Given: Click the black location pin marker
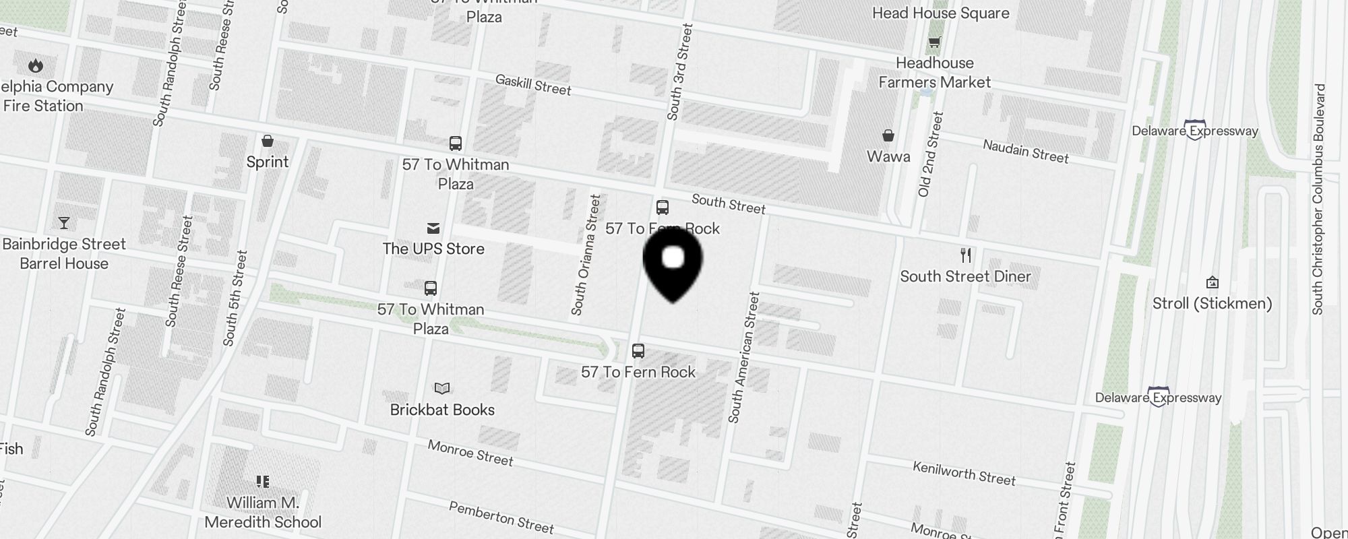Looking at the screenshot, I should point(673,263).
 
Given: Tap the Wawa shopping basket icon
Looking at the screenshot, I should point(888,136).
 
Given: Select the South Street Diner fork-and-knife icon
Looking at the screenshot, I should point(966,255).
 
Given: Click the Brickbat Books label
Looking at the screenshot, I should point(442,410).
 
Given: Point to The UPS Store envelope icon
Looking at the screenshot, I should point(433,229).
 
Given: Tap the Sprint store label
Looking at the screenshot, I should point(268,162).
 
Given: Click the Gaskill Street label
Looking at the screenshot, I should point(533,85).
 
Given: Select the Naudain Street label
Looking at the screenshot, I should point(1025,152).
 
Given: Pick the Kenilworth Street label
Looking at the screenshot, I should point(964,474).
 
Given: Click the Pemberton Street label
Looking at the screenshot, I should point(501,517).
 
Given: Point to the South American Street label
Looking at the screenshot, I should point(744,357).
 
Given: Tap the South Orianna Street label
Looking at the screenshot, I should point(586,255).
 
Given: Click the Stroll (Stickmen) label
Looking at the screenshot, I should point(1212,303).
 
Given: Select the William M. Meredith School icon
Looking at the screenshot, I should point(263,481).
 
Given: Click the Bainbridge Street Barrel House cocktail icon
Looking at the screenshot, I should point(64,223).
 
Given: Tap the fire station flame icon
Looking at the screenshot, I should point(36,65).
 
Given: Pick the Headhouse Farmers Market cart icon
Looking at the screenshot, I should point(934,43).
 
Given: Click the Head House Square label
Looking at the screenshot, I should point(940,13).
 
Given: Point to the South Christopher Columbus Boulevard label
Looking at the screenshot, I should point(1319,199).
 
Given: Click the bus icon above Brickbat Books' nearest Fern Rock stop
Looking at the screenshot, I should point(638,351).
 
